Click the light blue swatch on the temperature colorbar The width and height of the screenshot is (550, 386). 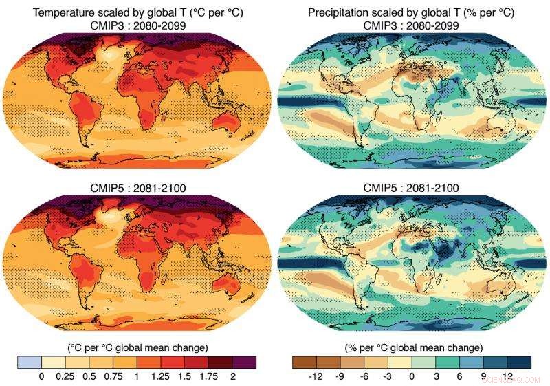[x=30, y=362]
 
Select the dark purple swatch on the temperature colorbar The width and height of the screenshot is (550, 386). [x=245, y=362]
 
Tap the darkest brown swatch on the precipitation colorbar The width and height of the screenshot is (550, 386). [x=304, y=362]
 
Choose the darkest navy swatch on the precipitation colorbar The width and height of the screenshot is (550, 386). [x=519, y=362]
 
